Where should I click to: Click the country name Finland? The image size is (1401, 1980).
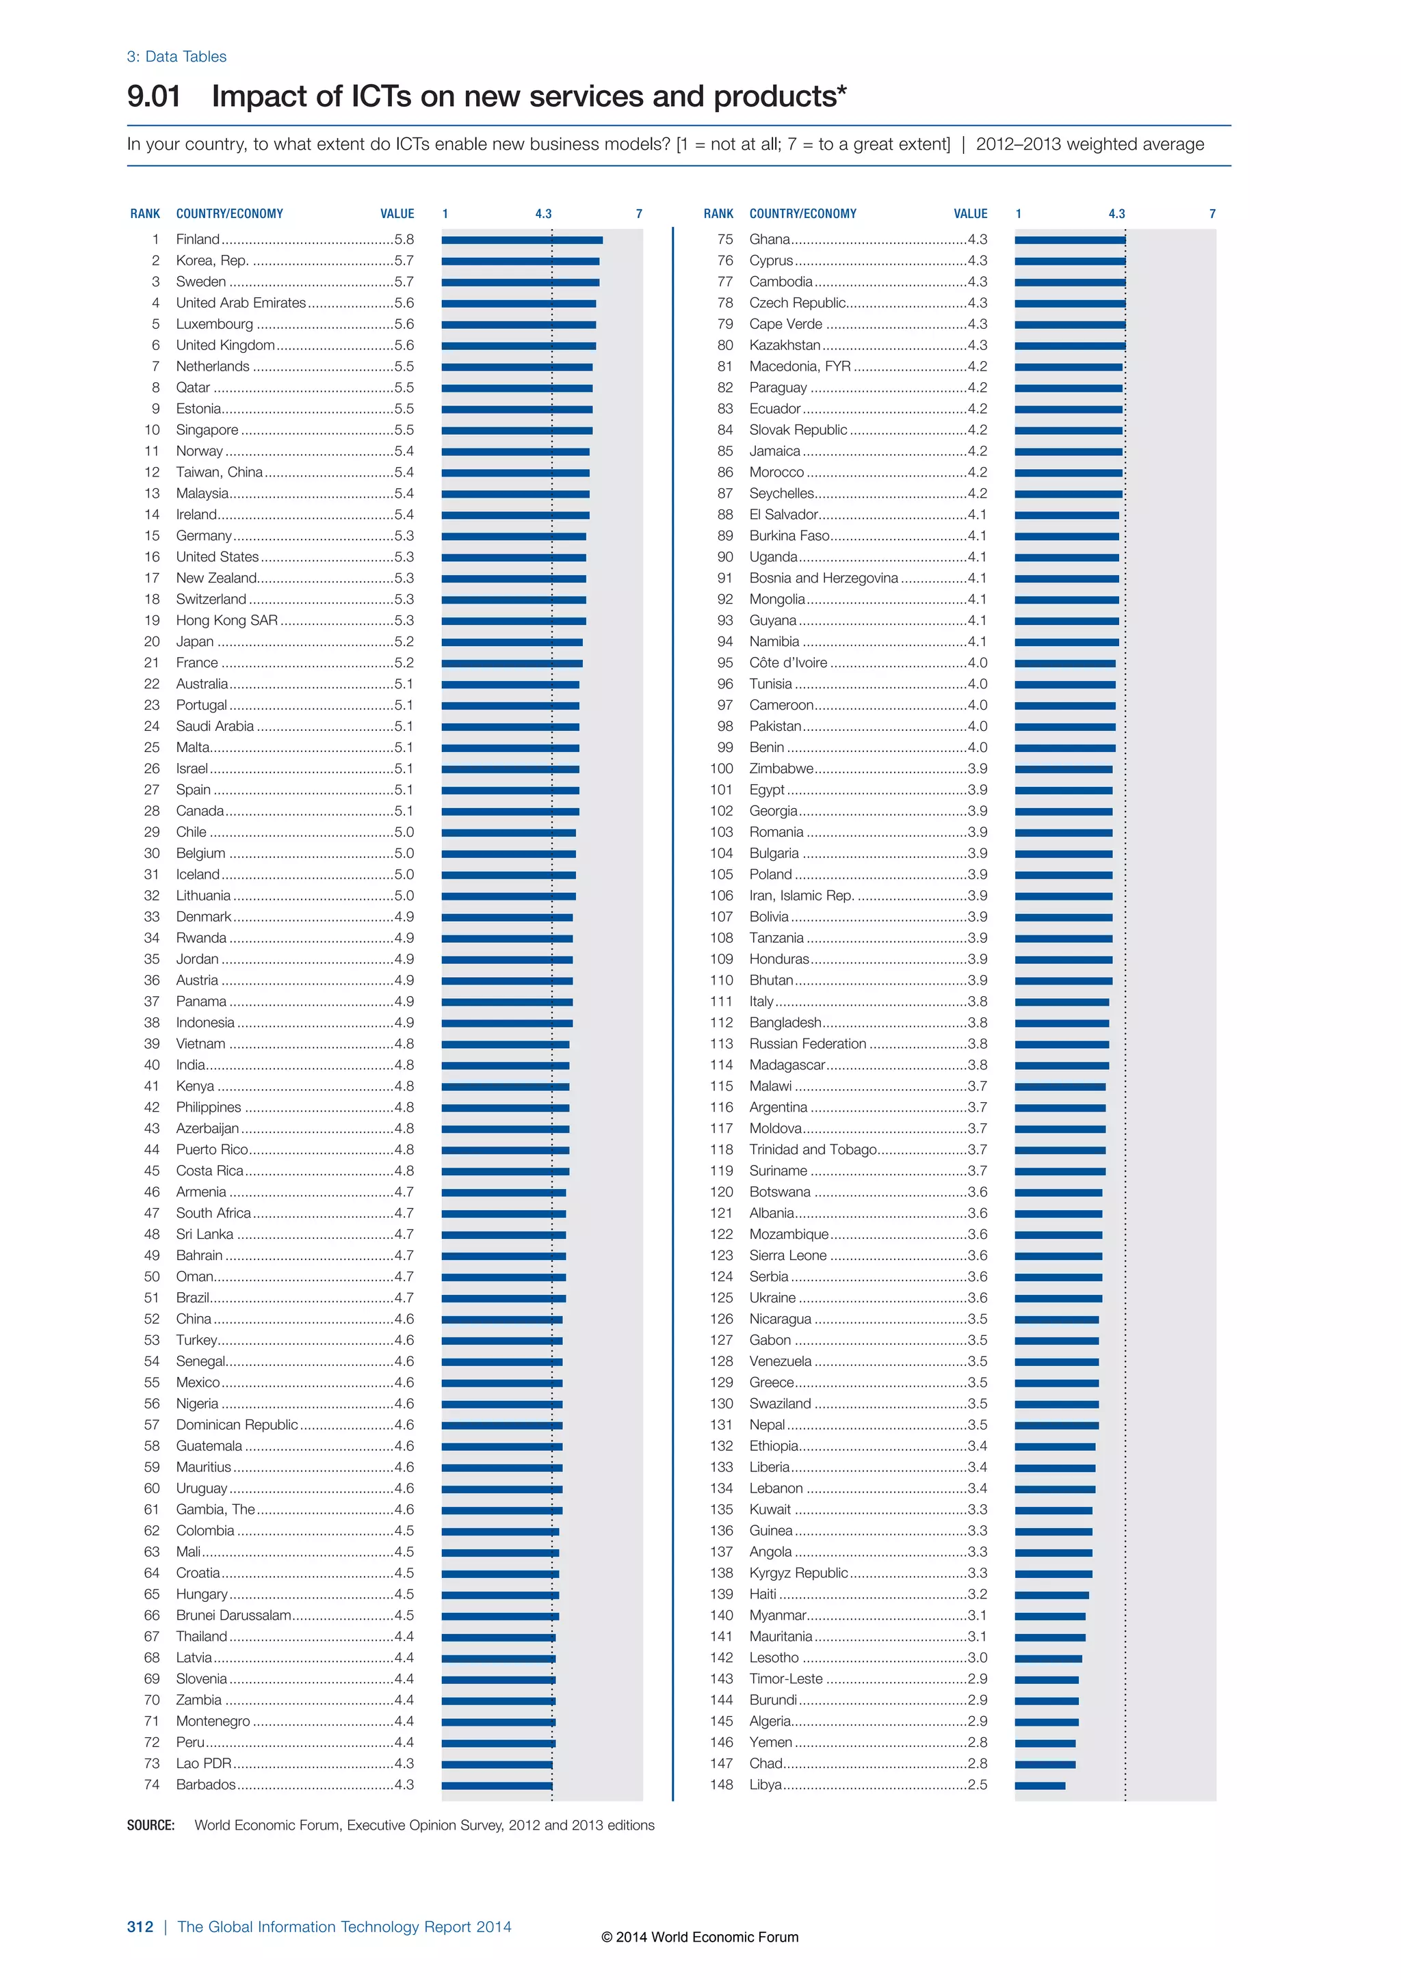click(x=198, y=239)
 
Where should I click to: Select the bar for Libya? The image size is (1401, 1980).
click(x=1040, y=1785)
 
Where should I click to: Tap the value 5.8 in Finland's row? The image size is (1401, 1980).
click(x=404, y=239)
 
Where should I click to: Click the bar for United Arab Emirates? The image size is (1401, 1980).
click(x=519, y=304)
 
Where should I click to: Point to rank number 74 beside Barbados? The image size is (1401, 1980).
click(x=152, y=1784)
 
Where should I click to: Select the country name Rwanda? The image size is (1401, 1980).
click(x=201, y=937)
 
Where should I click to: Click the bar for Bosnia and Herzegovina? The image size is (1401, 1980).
click(x=1066, y=578)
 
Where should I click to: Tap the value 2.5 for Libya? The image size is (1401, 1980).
click(x=978, y=1784)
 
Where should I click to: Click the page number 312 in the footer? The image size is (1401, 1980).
click(x=140, y=1927)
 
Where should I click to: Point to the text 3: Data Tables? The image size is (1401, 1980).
click(x=177, y=57)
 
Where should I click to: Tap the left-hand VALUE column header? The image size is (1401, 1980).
click(x=397, y=214)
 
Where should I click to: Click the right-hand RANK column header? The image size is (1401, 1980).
click(x=718, y=214)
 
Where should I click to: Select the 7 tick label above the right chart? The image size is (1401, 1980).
click(x=1212, y=214)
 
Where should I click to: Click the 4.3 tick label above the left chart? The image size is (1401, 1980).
click(x=542, y=214)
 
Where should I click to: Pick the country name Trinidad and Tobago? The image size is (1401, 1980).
click(x=813, y=1149)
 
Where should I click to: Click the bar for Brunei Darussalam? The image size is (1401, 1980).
click(x=500, y=1616)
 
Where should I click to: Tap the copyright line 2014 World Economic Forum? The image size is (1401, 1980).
click(x=700, y=1937)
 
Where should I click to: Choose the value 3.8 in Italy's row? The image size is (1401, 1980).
click(x=978, y=1001)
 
